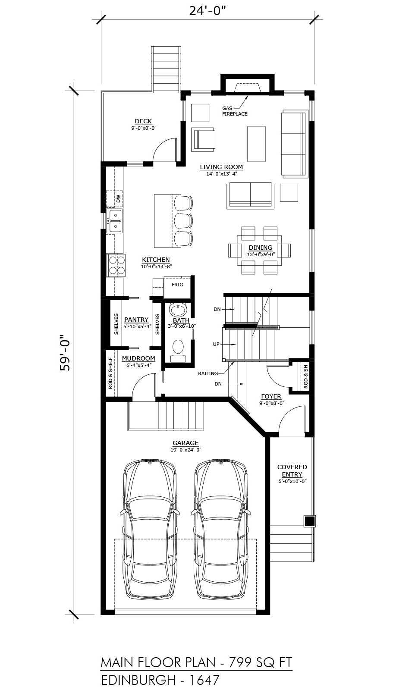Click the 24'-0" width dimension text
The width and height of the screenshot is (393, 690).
tap(208, 11)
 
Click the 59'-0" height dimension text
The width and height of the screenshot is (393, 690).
tap(66, 353)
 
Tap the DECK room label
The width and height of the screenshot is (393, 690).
tap(143, 121)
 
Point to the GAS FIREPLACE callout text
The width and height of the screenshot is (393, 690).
tap(235, 111)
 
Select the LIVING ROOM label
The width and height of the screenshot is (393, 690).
tap(221, 167)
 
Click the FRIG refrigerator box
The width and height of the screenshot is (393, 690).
tap(177, 287)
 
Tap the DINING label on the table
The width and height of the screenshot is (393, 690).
tap(261, 248)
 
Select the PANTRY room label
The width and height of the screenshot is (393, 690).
tap(136, 320)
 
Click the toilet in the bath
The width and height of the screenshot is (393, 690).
tap(178, 350)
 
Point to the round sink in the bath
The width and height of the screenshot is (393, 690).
tap(178, 310)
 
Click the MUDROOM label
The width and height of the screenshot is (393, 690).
tap(138, 358)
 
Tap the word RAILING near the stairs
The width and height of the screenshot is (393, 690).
tap(208, 373)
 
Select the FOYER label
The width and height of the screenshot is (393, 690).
tap(271, 396)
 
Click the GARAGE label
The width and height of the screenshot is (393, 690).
tap(185, 442)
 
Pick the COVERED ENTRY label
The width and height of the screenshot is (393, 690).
tap(292, 470)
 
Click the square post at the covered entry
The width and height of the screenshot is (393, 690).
tap(309, 521)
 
